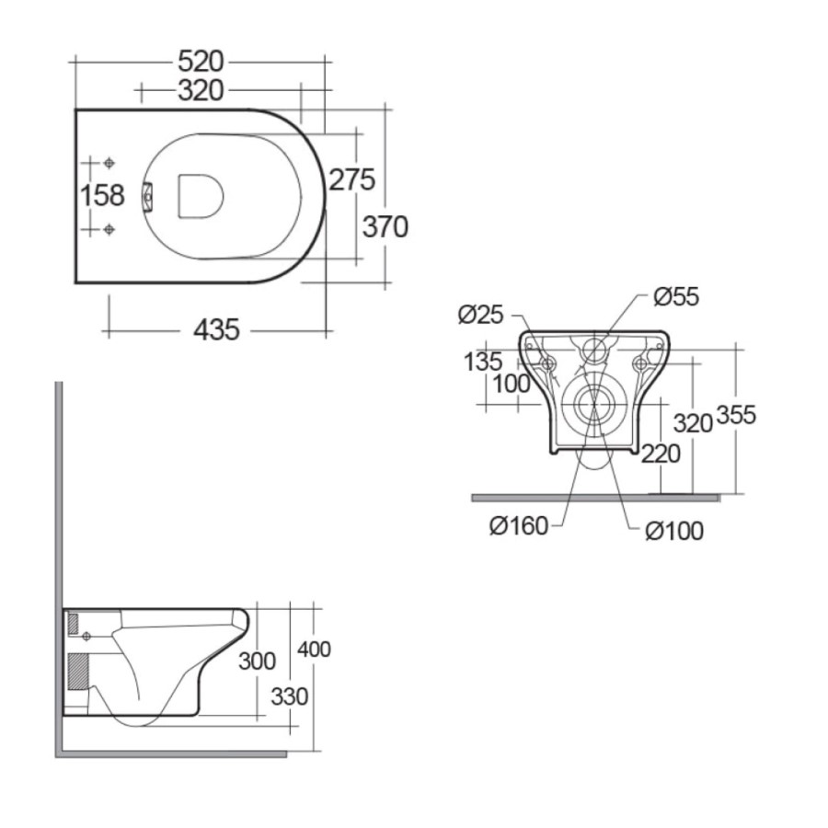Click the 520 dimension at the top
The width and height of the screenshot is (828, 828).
(201, 62)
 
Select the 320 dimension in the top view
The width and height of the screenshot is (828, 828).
(201, 90)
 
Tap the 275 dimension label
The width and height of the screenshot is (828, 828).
(352, 180)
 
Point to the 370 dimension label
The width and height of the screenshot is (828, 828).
(385, 225)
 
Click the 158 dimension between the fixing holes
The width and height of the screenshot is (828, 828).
(102, 195)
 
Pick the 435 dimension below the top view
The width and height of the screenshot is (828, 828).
(216, 328)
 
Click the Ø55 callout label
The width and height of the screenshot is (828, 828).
(676, 296)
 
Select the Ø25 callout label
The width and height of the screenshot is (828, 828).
(481, 315)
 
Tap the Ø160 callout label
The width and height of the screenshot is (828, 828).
(519, 525)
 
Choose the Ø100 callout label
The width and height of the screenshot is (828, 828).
(673, 531)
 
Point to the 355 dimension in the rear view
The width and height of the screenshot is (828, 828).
(736, 415)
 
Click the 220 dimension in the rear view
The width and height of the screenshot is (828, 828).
(662, 453)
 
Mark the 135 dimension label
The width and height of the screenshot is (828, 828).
(483, 361)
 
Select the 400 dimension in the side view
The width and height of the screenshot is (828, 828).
(315, 650)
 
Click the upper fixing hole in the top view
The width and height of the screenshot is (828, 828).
(109, 163)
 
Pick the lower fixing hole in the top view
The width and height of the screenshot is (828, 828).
(109, 228)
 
